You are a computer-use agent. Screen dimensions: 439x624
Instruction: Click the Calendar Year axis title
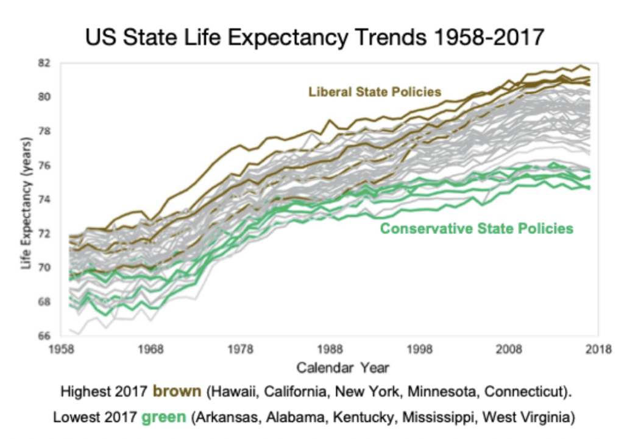click(342, 368)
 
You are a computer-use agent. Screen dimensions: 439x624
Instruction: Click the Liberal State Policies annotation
click(374, 93)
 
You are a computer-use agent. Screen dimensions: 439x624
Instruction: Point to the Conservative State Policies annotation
click(477, 228)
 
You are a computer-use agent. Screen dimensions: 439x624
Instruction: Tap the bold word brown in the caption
click(179, 391)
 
